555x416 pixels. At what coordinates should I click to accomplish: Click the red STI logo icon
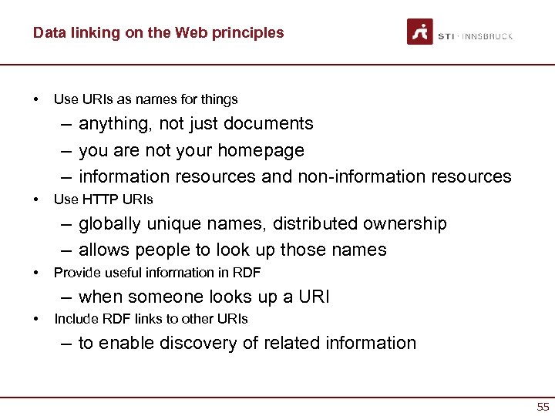(420, 32)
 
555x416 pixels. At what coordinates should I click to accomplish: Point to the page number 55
(543, 406)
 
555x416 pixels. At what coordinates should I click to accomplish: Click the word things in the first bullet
(220, 99)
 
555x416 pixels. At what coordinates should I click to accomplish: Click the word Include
(75, 318)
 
